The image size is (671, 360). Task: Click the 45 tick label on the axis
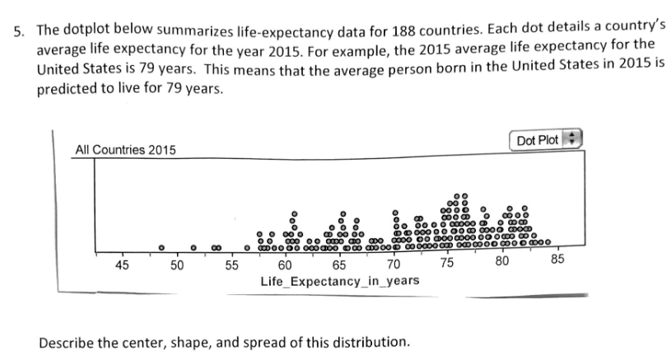pyautogui.click(x=123, y=264)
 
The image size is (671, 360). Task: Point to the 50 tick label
pyautogui.click(x=177, y=264)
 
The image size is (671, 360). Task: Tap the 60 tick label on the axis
pyautogui.click(x=285, y=264)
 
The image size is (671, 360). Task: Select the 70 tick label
pyautogui.click(x=394, y=264)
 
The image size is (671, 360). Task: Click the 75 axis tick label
pyautogui.click(x=447, y=263)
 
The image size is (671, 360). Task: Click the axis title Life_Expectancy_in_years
pyautogui.click(x=339, y=281)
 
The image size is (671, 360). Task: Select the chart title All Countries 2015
pyautogui.click(x=124, y=150)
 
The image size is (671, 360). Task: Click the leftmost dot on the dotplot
pyautogui.click(x=162, y=245)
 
